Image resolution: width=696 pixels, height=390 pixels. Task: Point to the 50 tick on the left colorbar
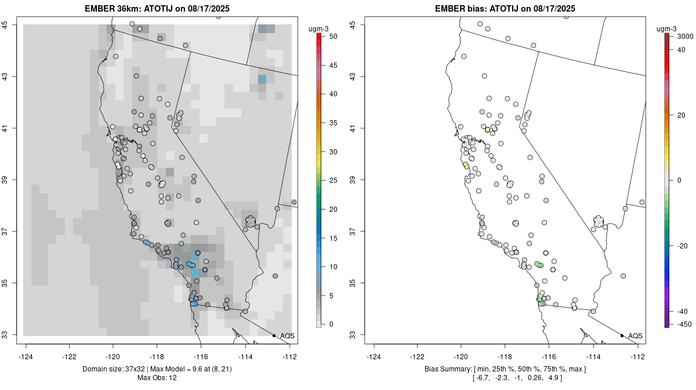pos(328,37)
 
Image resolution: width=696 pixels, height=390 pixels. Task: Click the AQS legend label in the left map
pos(287,335)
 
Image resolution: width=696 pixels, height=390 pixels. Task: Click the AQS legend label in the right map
pos(635,335)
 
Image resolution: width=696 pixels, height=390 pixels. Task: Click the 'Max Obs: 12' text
pos(157,378)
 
